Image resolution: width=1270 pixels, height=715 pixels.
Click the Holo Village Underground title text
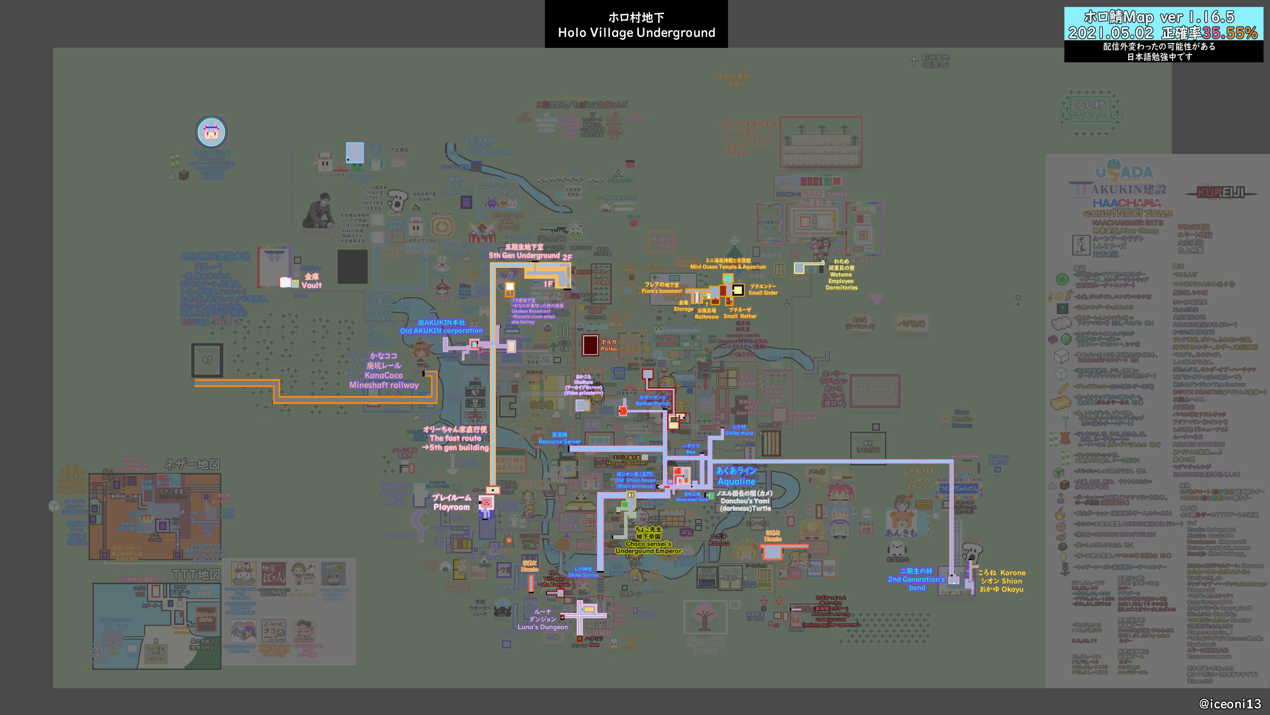point(636,33)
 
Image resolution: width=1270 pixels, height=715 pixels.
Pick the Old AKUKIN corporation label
point(441,331)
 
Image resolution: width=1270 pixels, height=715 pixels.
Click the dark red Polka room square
point(590,345)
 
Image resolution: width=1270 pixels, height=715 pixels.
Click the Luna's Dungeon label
point(542,627)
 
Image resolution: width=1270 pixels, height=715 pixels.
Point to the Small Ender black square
point(738,290)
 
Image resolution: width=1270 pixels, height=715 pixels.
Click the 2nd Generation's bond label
point(917,579)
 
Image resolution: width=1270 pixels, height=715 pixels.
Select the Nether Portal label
point(652,403)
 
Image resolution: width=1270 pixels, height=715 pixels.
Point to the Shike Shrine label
point(583,575)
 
